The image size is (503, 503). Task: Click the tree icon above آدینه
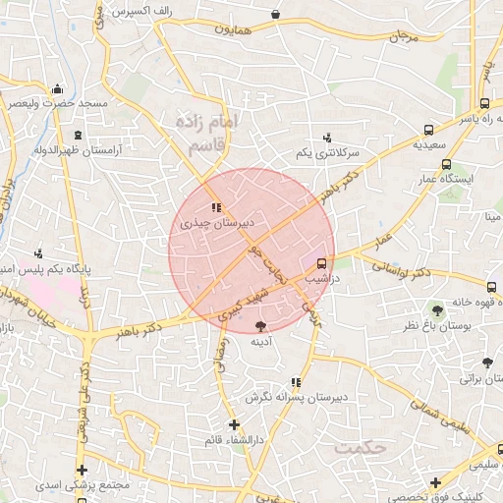[x=260, y=326]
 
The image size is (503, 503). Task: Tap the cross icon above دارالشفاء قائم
[x=233, y=424]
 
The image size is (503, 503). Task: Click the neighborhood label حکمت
[x=361, y=448]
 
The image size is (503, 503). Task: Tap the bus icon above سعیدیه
[x=428, y=130]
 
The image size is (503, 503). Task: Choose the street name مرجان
[x=403, y=36]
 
